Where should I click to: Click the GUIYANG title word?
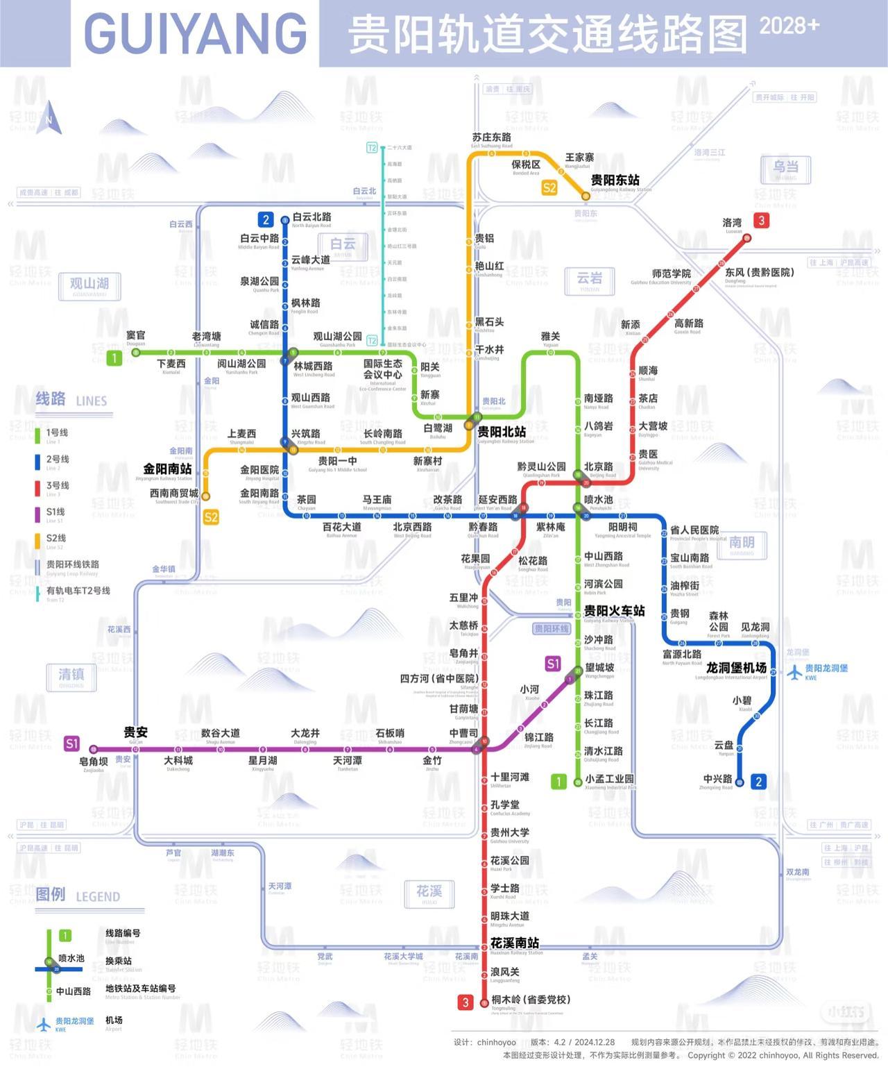pyautogui.click(x=195, y=33)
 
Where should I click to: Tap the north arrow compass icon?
pyautogui.click(x=49, y=118)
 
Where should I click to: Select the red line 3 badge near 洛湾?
pyautogui.click(x=762, y=221)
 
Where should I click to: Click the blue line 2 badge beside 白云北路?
pyautogui.click(x=266, y=219)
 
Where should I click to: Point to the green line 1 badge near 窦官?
pyautogui.click(x=114, y=358)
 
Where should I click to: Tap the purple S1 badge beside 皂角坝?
pyautogui.click(x=71, y=743)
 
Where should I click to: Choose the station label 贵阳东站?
pyautogui.click(x=615, y=180)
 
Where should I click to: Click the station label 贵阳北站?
pyautogui.click(x=501, y=432)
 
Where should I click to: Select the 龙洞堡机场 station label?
pyautogui.click(x=736, y=668)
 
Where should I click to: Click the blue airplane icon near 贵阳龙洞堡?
pyautogui.click(x=794, y=672)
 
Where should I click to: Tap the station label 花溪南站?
pyautogui.click(x=514, y=943)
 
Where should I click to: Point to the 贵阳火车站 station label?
pyautogui.click(x=614, y=611)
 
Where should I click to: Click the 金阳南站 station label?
pyautogui.click(x=167, y=469)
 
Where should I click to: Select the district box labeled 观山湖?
pyautogui.click(x=89, y=285)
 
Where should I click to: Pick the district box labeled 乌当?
pyautogui.click(x=785, y=168)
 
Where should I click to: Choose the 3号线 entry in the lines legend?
pyautogui.click(x=58, y=486)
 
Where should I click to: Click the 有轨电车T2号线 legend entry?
pyautogui.click(x=78, y=591)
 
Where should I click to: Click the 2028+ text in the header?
pyautogui.click(x=789, y=26)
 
